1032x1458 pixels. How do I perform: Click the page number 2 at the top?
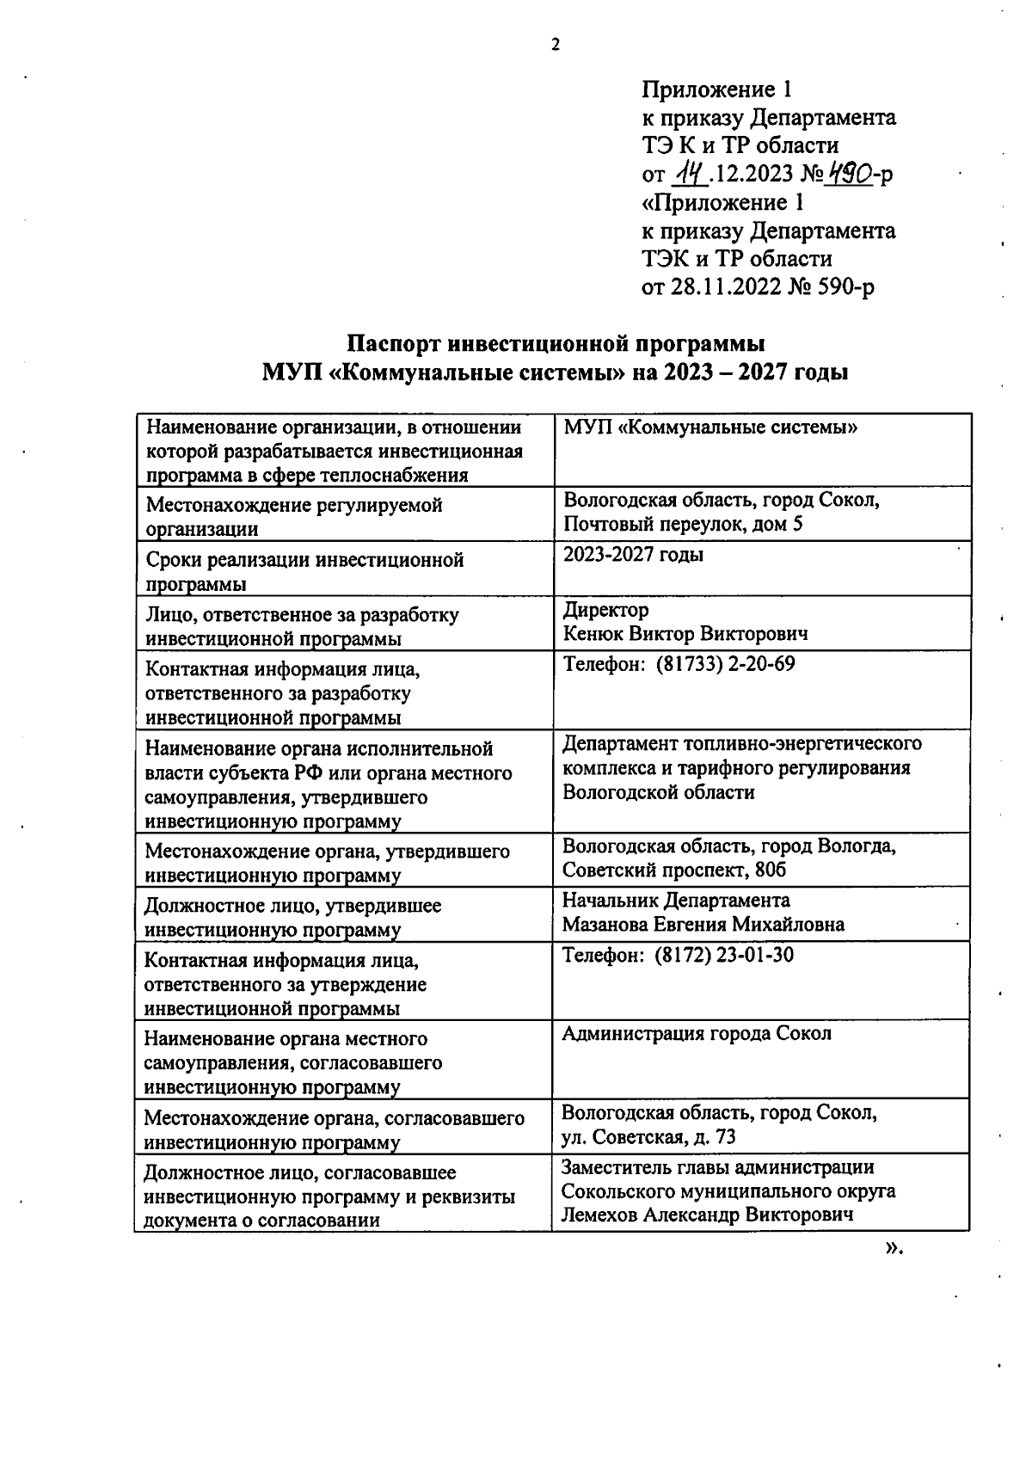(x=555, y=45)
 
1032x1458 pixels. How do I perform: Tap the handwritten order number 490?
(x=849, y=174)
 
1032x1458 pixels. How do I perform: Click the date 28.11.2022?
(x=725, y=287)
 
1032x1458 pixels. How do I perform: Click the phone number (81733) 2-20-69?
(x=725, y=664)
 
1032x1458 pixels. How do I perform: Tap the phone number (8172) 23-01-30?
(x=723, y=955)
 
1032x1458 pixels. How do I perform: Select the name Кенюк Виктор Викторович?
(x=685, y=635)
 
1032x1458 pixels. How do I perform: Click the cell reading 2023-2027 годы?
(x=633, y=555)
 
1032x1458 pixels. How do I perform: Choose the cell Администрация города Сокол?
(x=697, y=1033)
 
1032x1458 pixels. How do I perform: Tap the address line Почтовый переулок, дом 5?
(x=683, y=524)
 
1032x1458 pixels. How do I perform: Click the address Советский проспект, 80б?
(x=674, y=870)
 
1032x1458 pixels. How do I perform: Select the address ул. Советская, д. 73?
(x=648, y=1137)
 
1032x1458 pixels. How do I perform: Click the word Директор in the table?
(x=605, y=610)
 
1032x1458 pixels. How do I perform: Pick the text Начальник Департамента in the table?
(x=676, y=901)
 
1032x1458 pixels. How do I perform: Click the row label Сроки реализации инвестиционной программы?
(x=304, y=572)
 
